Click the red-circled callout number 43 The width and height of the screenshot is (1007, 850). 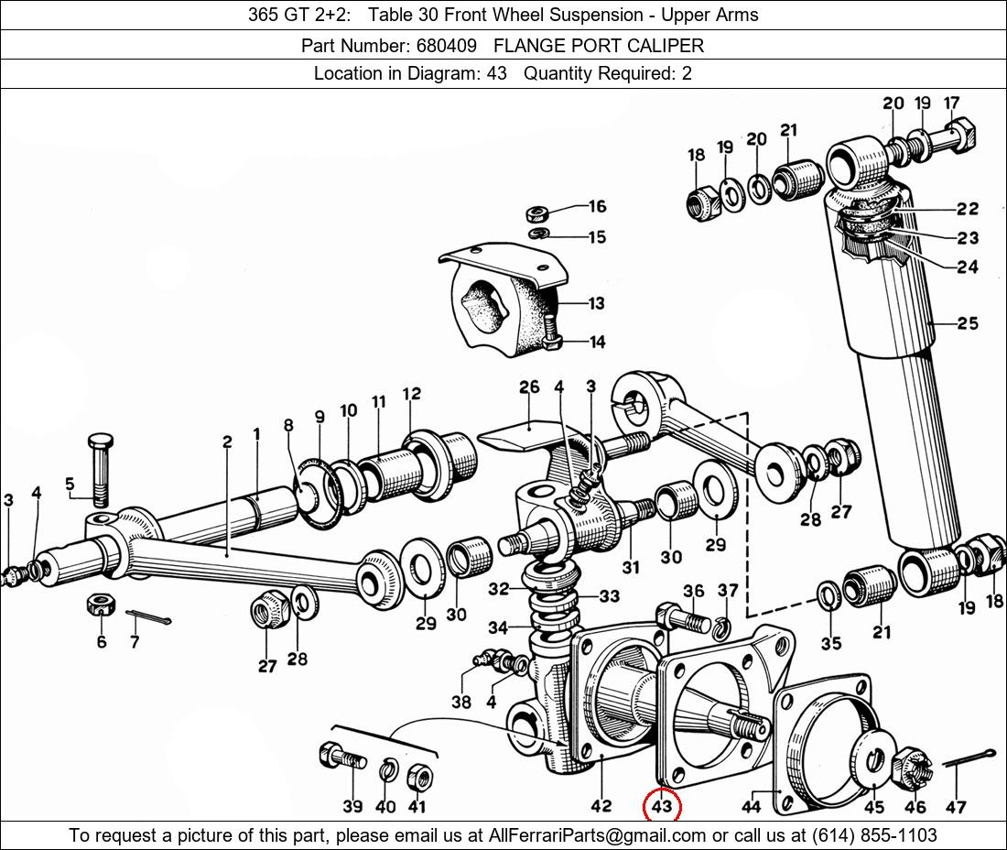tap(662, 806)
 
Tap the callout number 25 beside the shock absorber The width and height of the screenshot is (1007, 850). tap(968, 322)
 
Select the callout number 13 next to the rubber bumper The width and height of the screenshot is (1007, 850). tap(597, 303)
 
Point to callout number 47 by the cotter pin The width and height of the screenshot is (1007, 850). tap(956, 806)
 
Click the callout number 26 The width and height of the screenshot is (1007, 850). tap(529, 387)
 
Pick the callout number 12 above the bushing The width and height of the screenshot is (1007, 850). tap(411, 394)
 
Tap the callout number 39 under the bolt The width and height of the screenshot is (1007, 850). tap(352, 806)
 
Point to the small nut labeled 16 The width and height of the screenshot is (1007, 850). tap(537, 214)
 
